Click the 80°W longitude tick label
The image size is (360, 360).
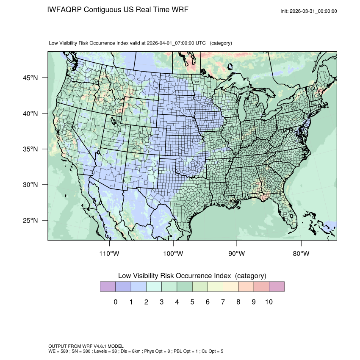coord(301,254)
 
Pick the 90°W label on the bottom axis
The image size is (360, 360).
coord(237,254)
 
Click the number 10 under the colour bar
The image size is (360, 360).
coord(269,302)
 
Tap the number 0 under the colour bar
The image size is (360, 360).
coord(116,302)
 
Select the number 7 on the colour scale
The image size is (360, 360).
coord(223,302)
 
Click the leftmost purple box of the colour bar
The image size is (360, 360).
coord(108,287)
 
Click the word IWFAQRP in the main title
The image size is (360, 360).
coord(64,10)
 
